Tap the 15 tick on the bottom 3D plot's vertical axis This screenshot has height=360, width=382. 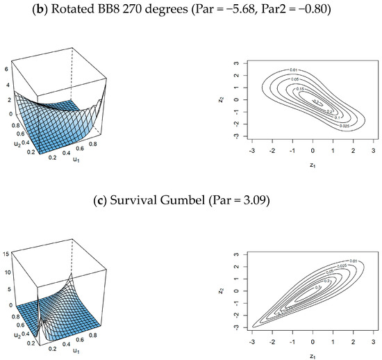click(6, 254)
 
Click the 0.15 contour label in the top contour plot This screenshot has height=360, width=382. click(300, 89)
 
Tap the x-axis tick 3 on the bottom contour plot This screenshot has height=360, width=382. click(374, 343)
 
